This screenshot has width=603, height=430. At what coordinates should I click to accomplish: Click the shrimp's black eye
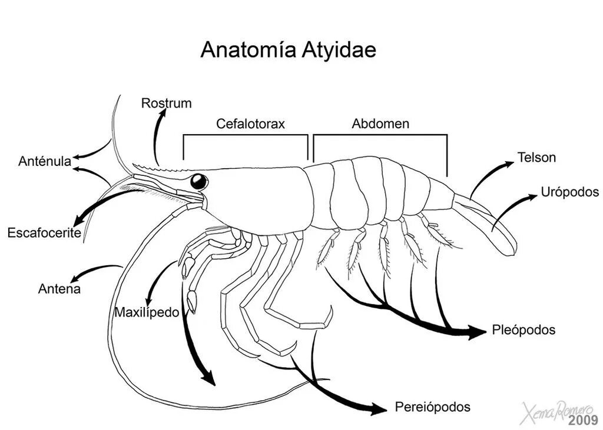click(x=199, y=181)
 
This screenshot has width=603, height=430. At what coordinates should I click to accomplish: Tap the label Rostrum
click(x=166, y=104)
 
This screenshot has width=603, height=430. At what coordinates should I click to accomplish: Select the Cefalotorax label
click(x=250, y=124)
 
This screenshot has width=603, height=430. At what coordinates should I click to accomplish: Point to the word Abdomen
click(x=380, y=124)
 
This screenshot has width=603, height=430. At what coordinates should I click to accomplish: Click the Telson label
click(x=536, y=158)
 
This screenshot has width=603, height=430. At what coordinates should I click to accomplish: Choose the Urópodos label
click(x=569, y=192)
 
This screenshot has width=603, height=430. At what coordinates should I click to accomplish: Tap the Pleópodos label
click(x=524, y=330)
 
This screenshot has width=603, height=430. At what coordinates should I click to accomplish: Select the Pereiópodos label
click(x=433, y=406)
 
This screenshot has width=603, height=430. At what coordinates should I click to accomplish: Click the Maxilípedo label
click(x=147, y=312)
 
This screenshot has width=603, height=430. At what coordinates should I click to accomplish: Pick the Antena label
click(x=59, y=289)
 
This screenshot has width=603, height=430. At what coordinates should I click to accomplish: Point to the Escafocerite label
click(x=44, y=233)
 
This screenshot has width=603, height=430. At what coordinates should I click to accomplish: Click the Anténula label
click(x=45, y=161)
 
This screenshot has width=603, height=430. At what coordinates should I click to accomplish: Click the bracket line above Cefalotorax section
click(x=246, y=135)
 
